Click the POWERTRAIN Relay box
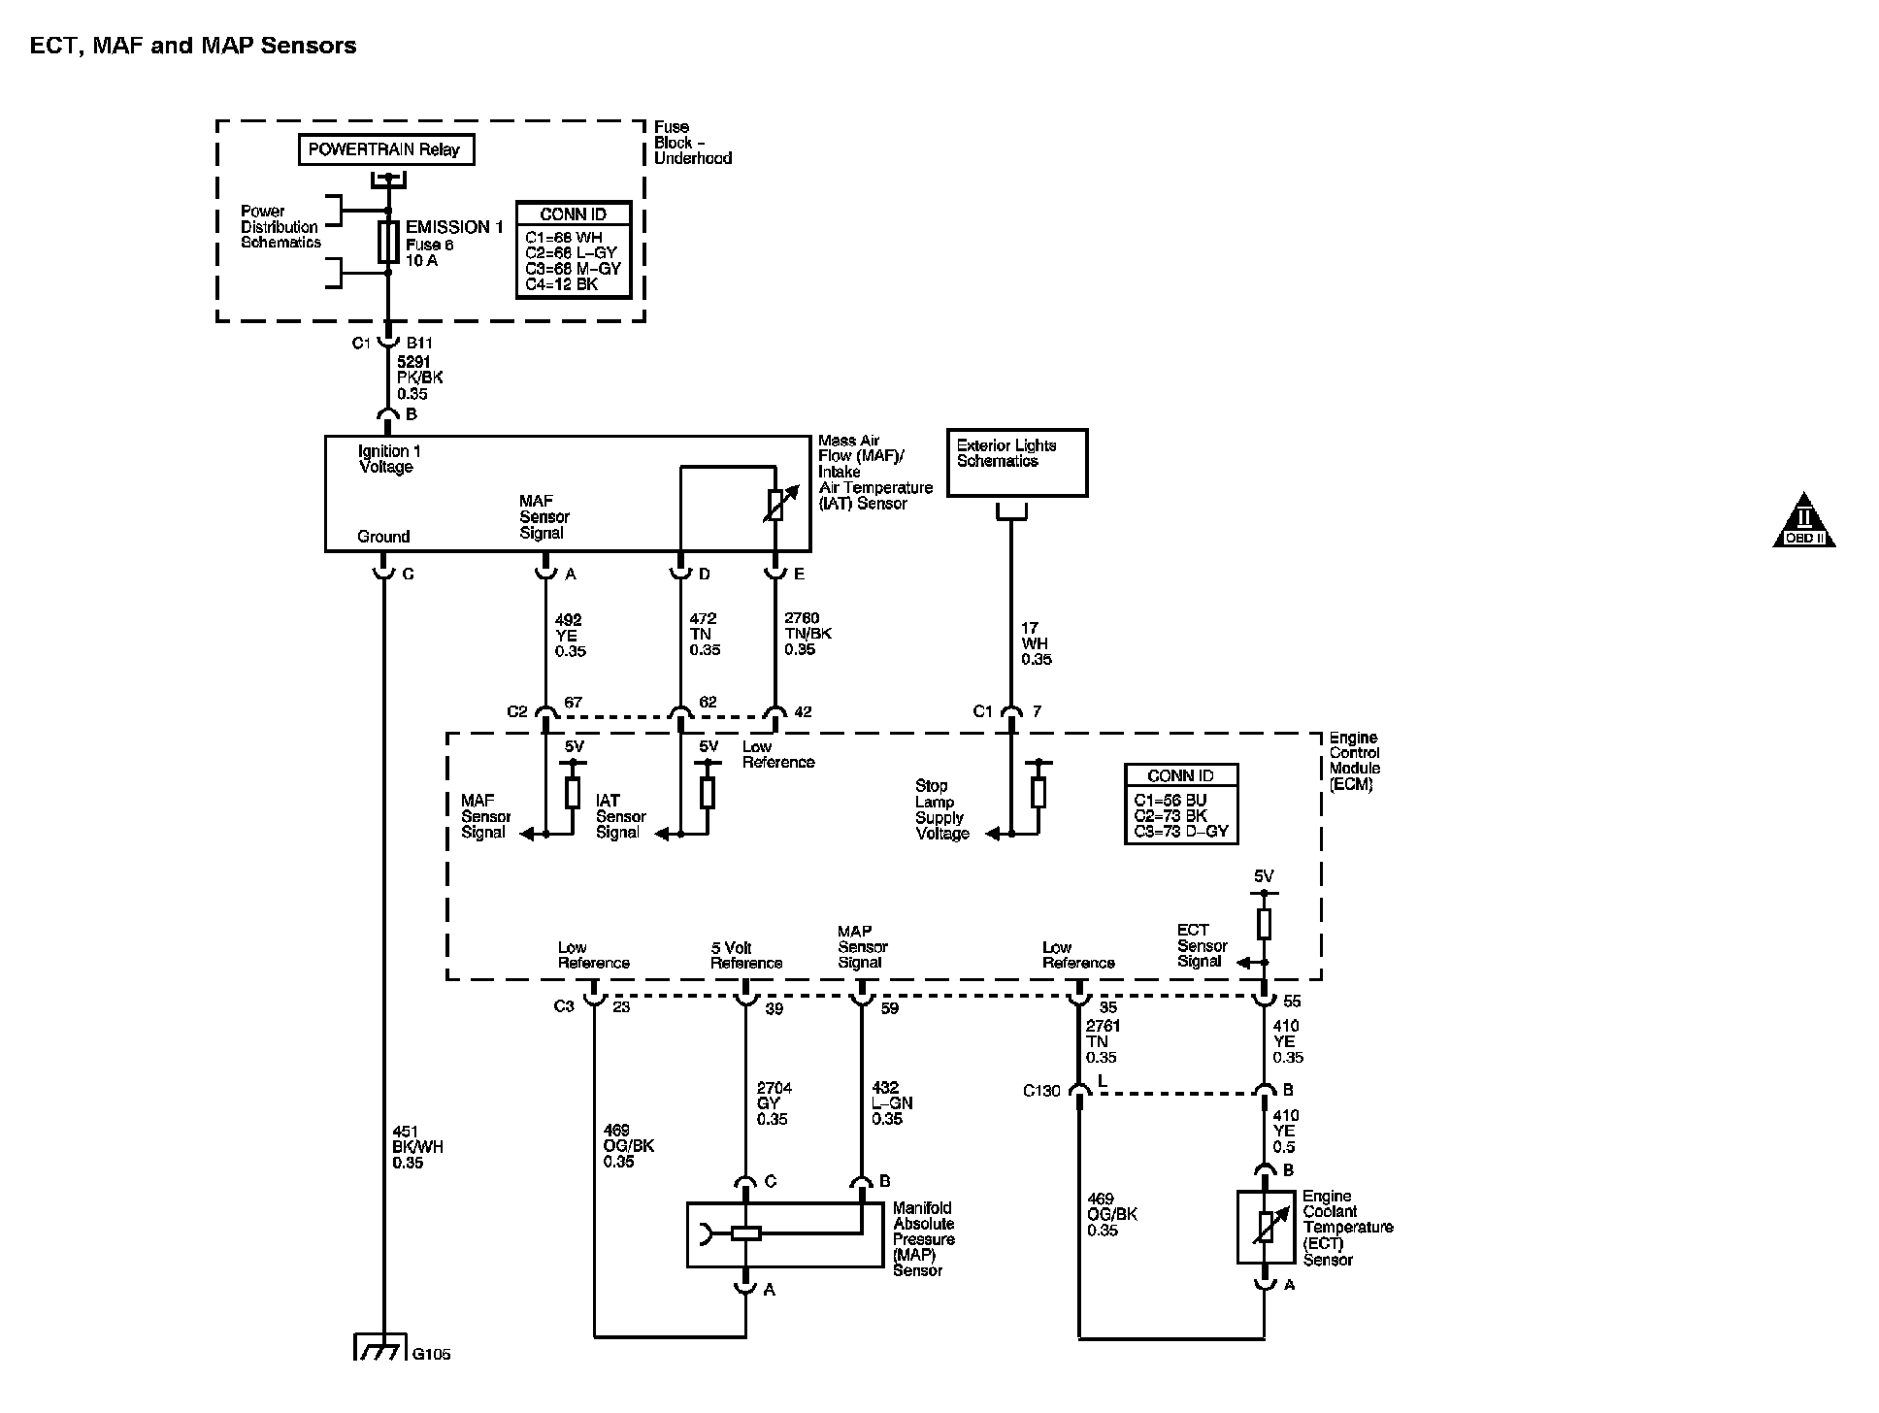[x=386, y=149]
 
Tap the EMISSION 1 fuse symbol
[x=388, y=242]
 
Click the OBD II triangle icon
[x=1804, y=521]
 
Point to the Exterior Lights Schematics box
[x=1017, y=463]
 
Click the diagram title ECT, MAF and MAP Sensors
[x=193, y=46]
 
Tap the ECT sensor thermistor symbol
[x=1266, y=1228]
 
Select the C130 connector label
[x=1042, y=1091]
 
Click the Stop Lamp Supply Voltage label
[x=942, y=809]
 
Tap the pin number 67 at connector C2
[x=573, y=703]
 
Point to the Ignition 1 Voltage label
[x=389, y=459]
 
